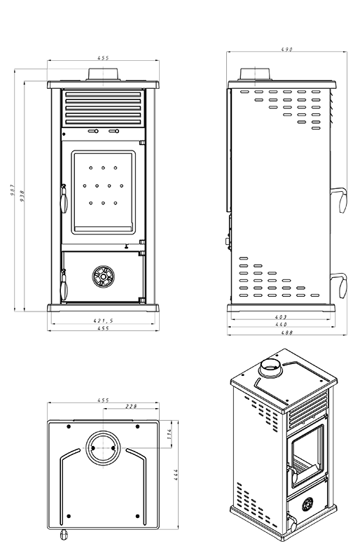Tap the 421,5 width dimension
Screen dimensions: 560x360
(103, 321)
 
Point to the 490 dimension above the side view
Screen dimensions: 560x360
(286, 50)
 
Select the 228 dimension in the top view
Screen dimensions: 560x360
(130, 406)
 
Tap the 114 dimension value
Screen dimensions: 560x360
(169, 435)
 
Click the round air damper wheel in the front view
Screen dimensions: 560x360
(103, 276)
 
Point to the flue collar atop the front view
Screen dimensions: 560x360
(103, 75)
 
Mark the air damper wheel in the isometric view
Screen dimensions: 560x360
(308, 504)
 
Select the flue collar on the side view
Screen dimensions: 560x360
(250, 74)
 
